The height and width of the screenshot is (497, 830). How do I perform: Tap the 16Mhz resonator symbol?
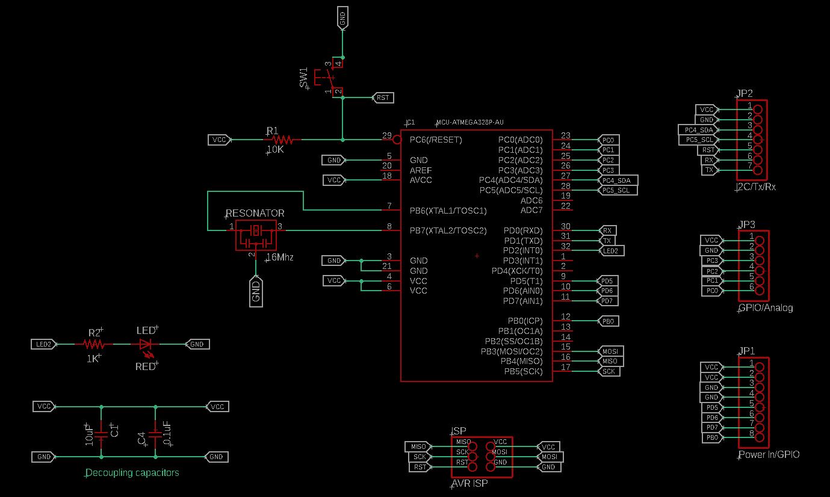point(255,234)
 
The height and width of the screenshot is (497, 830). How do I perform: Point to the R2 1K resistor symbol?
point(94,344)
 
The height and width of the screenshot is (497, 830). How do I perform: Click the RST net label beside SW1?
point(382,97)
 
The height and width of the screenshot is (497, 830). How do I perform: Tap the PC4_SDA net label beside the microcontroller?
point(618,181)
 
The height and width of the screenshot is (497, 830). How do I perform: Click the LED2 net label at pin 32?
point(611,250)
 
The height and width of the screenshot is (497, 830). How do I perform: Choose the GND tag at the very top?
point(342,19)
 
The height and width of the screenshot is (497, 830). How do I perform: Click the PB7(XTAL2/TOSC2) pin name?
point(448,230)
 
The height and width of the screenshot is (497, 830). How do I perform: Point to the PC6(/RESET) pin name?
point(435,140)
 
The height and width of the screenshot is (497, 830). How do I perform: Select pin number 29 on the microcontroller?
point(387,135)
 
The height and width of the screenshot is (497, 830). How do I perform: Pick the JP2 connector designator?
point(745,94)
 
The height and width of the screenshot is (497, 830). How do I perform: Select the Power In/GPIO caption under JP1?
point(769,455)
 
